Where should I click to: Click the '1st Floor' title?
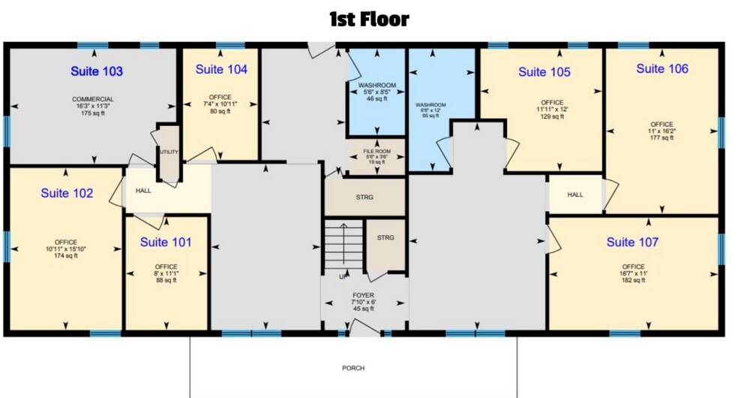coord(369,19)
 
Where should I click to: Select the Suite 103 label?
coord(97,71)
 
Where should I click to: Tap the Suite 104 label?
coord(221,69)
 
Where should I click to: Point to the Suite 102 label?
coord(67,193)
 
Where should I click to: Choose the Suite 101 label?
coord(166,242)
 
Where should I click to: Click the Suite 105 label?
coord(544,72)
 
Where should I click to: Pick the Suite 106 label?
coord(662,68)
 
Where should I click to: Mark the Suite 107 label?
coord(632,242)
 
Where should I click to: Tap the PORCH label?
coord(353,368)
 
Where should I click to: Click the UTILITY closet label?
coord(169,152)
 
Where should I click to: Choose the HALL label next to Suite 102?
coord(143,191)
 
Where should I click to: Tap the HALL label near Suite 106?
coord(575,194)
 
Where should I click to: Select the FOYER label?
coord(364,295)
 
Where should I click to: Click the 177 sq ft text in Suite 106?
coord(662,138)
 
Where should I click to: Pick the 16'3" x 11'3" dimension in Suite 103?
coord(93,107)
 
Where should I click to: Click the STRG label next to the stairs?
coord(385,238)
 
